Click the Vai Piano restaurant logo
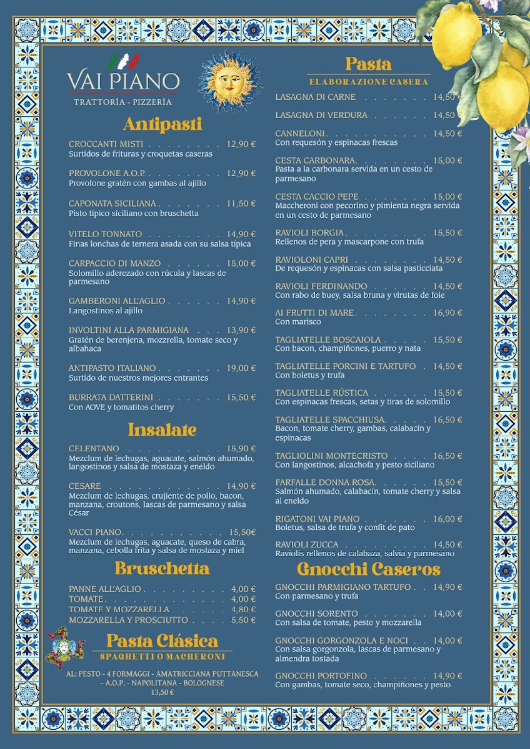123,80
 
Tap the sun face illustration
229,81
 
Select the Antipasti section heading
162,124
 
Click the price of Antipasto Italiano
241,368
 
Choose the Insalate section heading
162,429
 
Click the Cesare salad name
85,486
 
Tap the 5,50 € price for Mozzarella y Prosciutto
243,620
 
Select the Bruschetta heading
162,569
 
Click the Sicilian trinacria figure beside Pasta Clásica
66,648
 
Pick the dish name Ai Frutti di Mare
314,313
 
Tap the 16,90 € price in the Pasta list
448,313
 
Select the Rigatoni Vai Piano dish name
317,519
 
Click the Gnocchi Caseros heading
369,569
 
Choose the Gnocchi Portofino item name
321,676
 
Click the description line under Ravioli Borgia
349,242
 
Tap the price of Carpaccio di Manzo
241,263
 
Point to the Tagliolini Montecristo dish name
331,456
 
